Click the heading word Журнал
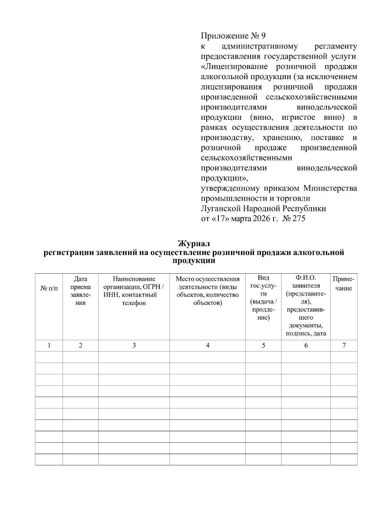[194, 243]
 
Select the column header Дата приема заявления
[81, 291]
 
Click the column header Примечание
[344, 283]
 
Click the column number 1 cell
[49, 346]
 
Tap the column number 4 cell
[207, 346]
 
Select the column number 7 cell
[344, 346]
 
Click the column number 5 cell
[263, 346]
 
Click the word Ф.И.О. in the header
[306, 278]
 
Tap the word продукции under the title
[194, 261]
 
